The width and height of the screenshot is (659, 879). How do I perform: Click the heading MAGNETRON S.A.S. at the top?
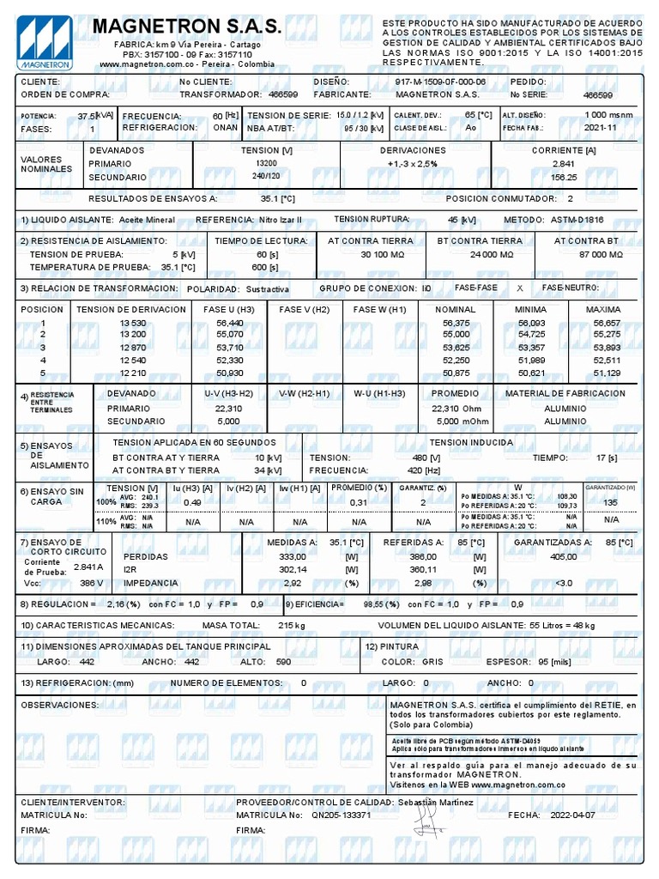[186, 27]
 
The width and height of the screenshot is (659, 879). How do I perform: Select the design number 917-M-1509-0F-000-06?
[439, 82]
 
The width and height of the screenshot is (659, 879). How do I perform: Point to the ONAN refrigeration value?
[225, 127]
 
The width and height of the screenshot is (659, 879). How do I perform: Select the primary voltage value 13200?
[266, 163]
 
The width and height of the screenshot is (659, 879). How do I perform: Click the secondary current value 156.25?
[563, 177]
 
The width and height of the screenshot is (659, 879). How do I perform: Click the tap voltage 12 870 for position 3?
[135, 348]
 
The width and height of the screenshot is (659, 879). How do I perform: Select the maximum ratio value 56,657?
[606, 323]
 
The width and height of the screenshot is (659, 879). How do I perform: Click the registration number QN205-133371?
[341, 815]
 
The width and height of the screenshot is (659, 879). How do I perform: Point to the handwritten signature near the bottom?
[426, 821]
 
